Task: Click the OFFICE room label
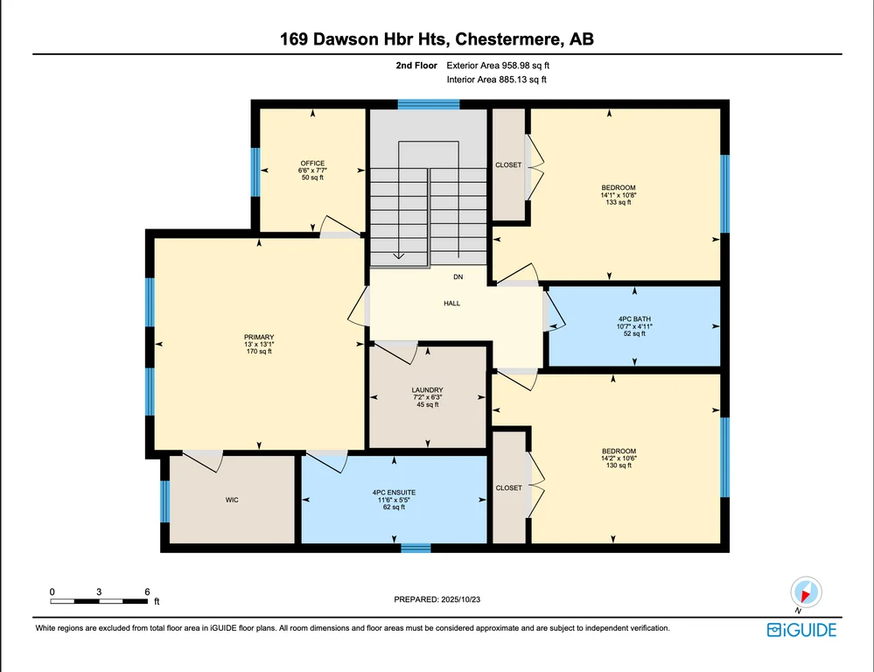click(312, 164)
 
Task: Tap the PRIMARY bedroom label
click(259, 337)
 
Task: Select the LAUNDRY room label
click(428, 390)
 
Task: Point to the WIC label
click(232, 500)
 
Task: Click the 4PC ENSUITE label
click(394, 493)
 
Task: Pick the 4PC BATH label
click(634, 319)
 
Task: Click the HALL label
click(452, 304)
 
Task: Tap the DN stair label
click(458, 276)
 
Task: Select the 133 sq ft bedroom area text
click(619, 202)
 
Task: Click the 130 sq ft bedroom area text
click(619, 465)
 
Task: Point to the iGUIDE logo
click(801, 630)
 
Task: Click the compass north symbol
click(806, 592)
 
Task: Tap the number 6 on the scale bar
click(147, 591)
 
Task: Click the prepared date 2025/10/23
click(460, 599)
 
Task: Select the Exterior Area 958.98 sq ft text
click(498, 66)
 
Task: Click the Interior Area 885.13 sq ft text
click(496, 80)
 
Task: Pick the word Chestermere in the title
click(507, 39)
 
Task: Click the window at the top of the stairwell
click(428, 104)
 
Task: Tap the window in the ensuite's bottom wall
click(416, 549)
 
